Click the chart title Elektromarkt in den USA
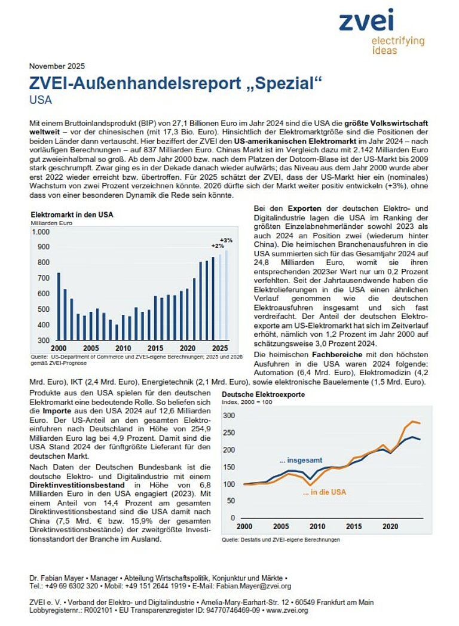[x=72, y=214]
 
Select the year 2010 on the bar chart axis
[x=123, y=348]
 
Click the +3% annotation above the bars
[x=226, y=240]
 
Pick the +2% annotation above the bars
[x=216, y=246]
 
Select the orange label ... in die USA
[x=324, y=493]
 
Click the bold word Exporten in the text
[x=288, y=208]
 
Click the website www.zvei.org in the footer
[x=289, y=610]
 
